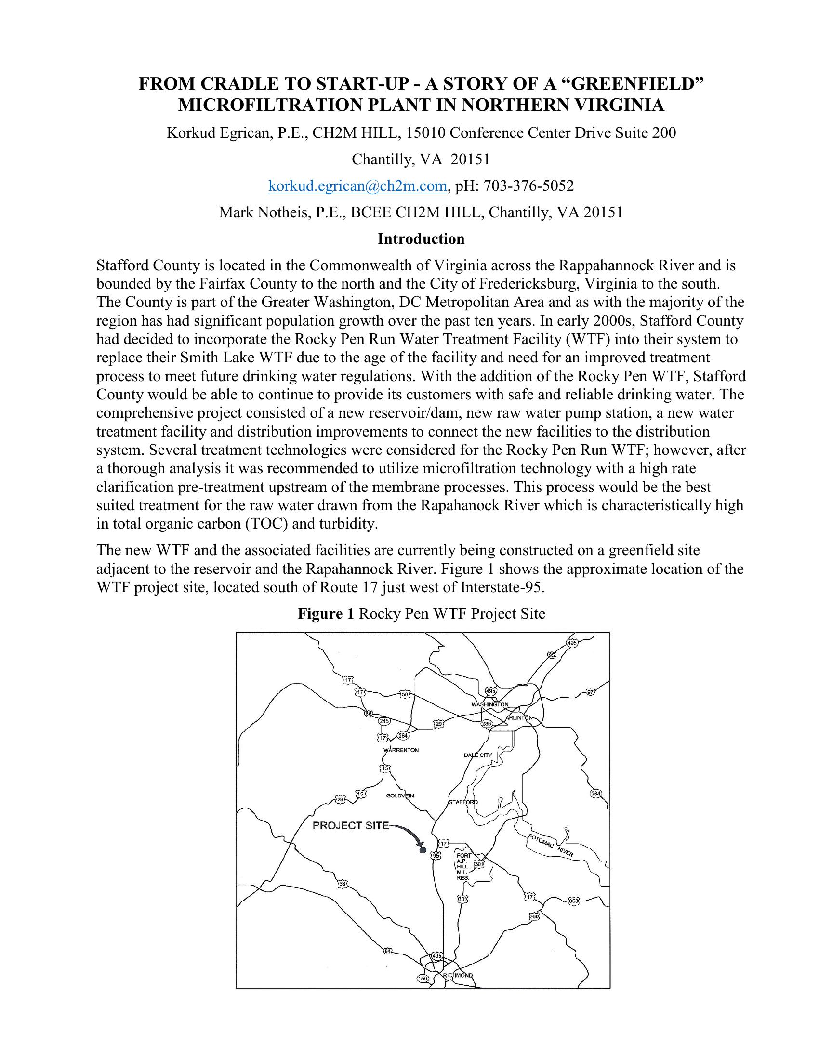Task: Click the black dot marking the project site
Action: click(422, 850)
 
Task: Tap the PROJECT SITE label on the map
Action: click(350, 825)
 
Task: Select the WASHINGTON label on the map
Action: click(489, 704)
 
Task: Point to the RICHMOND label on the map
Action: click(458, 976)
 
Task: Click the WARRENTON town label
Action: click(401, 750)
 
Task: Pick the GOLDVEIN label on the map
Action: click(400, 795)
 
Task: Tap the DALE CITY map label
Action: click(478, 755)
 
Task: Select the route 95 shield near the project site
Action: click(436, 856)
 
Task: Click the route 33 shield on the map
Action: click(343, 883)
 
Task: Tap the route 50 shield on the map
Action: click(405, 694)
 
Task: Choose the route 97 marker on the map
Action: click(590, 692)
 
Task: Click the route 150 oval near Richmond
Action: click(423, 978)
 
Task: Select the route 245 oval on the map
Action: click(384, 721)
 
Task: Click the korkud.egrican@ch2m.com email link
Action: click(357, 186)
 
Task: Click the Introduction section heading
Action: click(421, 239)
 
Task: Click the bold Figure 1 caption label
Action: click(326, 614)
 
